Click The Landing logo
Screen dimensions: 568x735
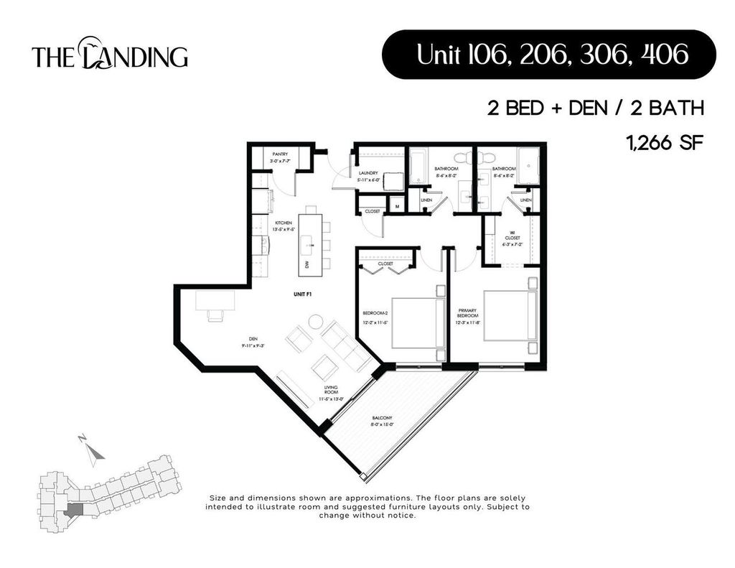click(x=110, y=55)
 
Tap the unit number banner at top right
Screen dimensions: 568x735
click(x=548, y=54)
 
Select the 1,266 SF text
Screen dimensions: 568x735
click(x=663, y=142)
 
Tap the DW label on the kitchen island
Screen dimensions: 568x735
click(x=307, y=265)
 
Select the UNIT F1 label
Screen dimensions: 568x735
click(x=301, y=294)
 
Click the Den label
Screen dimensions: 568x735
click(x=253, y=343)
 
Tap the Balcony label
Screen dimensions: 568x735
click(x=382, y=421)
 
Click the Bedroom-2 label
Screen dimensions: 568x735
click(x=376, y=317)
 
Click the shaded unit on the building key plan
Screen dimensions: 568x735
click(x=75, y=509)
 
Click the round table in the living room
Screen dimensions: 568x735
click(x=316, y=323)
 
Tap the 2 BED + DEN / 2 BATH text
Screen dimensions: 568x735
click(x=594, y=108)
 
